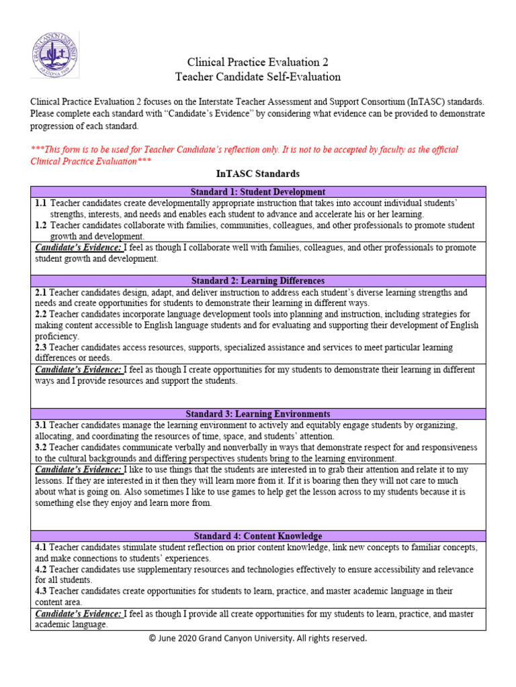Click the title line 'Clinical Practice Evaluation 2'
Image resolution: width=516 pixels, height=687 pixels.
(257, 61)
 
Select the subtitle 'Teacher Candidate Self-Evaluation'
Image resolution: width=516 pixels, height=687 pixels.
(257, 76)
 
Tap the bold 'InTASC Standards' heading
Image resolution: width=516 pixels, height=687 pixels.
(257, 174)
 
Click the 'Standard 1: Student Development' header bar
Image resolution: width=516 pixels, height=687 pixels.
(257, 192)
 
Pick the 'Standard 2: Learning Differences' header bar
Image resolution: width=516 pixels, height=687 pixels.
(257, 280)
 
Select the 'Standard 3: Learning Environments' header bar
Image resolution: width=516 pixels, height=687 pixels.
(257, 414)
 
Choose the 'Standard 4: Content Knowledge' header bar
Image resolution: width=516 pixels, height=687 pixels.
(257, 536)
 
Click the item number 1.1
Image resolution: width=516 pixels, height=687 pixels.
(40, 203)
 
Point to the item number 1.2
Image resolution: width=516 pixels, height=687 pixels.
(40, 225)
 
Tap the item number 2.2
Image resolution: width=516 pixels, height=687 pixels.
(41, 314)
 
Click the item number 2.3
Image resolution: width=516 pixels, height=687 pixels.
(41, 348)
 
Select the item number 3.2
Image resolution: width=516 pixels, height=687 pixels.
(41, 447)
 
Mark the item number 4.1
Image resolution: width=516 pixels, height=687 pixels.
(41, 547)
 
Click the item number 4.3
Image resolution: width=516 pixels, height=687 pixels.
(41, 591)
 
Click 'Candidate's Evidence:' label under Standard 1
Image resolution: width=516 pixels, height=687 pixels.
(78, 248)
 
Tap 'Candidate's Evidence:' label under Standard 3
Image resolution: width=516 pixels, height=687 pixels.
(78, 470)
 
